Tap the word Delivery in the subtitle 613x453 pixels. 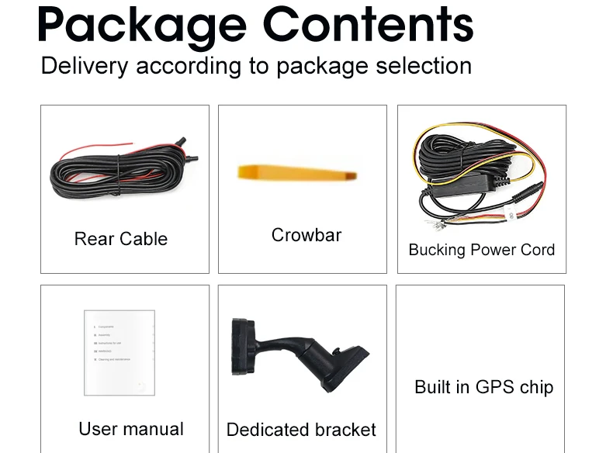[84, 66]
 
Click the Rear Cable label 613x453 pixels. [121, 239]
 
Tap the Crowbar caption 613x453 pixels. [306, 235]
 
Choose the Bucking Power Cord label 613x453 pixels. [481, 250]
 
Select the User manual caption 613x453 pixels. [131, 429]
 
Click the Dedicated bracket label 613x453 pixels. [301, 430]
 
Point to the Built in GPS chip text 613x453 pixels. [483, 387]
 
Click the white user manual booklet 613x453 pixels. [119, 352]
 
